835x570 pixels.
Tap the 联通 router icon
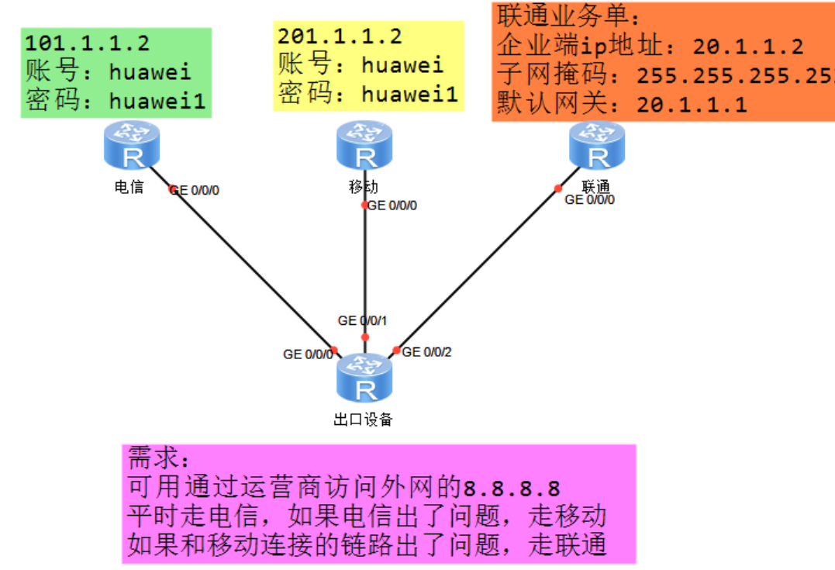pyautogui.click(x=598, y=147)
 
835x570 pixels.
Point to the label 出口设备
pyautogui.click(x=363, y=420)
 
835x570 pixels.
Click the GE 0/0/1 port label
pyautogui.click(x=362, y=320)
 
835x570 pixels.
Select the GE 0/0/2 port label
pyautogui.click(x=426, y=352)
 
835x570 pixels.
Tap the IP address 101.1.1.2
pyautogui.click(x=88, y=43)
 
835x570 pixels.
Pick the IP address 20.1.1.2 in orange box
pyautogui.click(x=748, y=47)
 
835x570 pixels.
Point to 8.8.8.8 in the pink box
pyautogui.click(x=512, y=489)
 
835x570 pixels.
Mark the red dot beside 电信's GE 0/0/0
pyautogui.click(x=173, y=189)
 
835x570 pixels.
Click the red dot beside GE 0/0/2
pyautogui.click(x=396, y=351)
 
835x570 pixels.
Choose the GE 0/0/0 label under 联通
pyautogui.click(x=590, y=200)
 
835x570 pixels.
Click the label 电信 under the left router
pyautogui.click(x=129, y=187)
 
